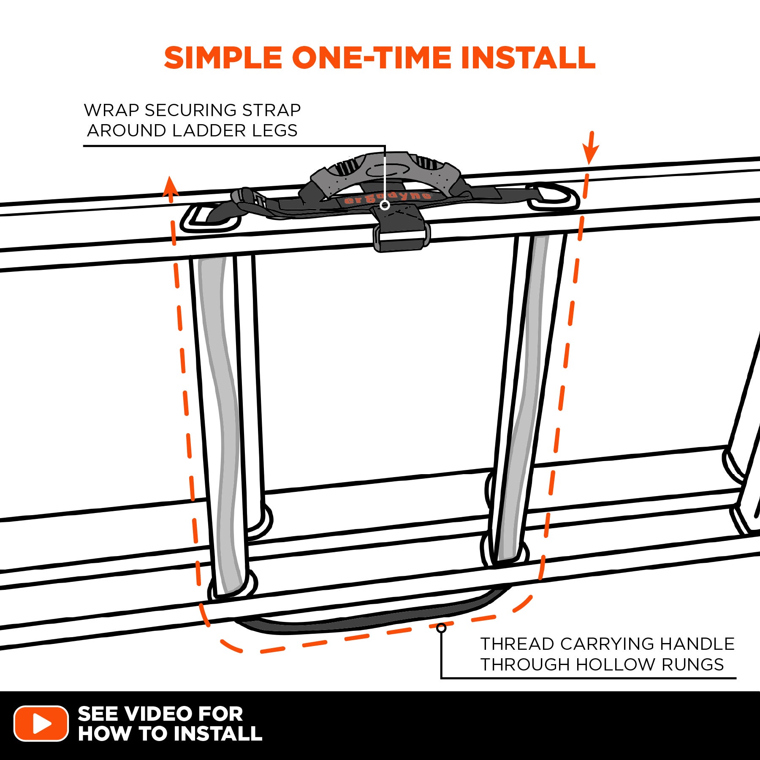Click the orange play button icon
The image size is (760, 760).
(41, 723)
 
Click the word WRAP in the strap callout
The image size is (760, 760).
(111, 110)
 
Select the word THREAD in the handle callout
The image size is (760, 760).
(517, 644)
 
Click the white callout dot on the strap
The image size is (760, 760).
(385, 205)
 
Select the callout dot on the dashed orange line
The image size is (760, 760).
(441, 628)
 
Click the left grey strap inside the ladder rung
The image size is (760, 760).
(222, 422)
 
